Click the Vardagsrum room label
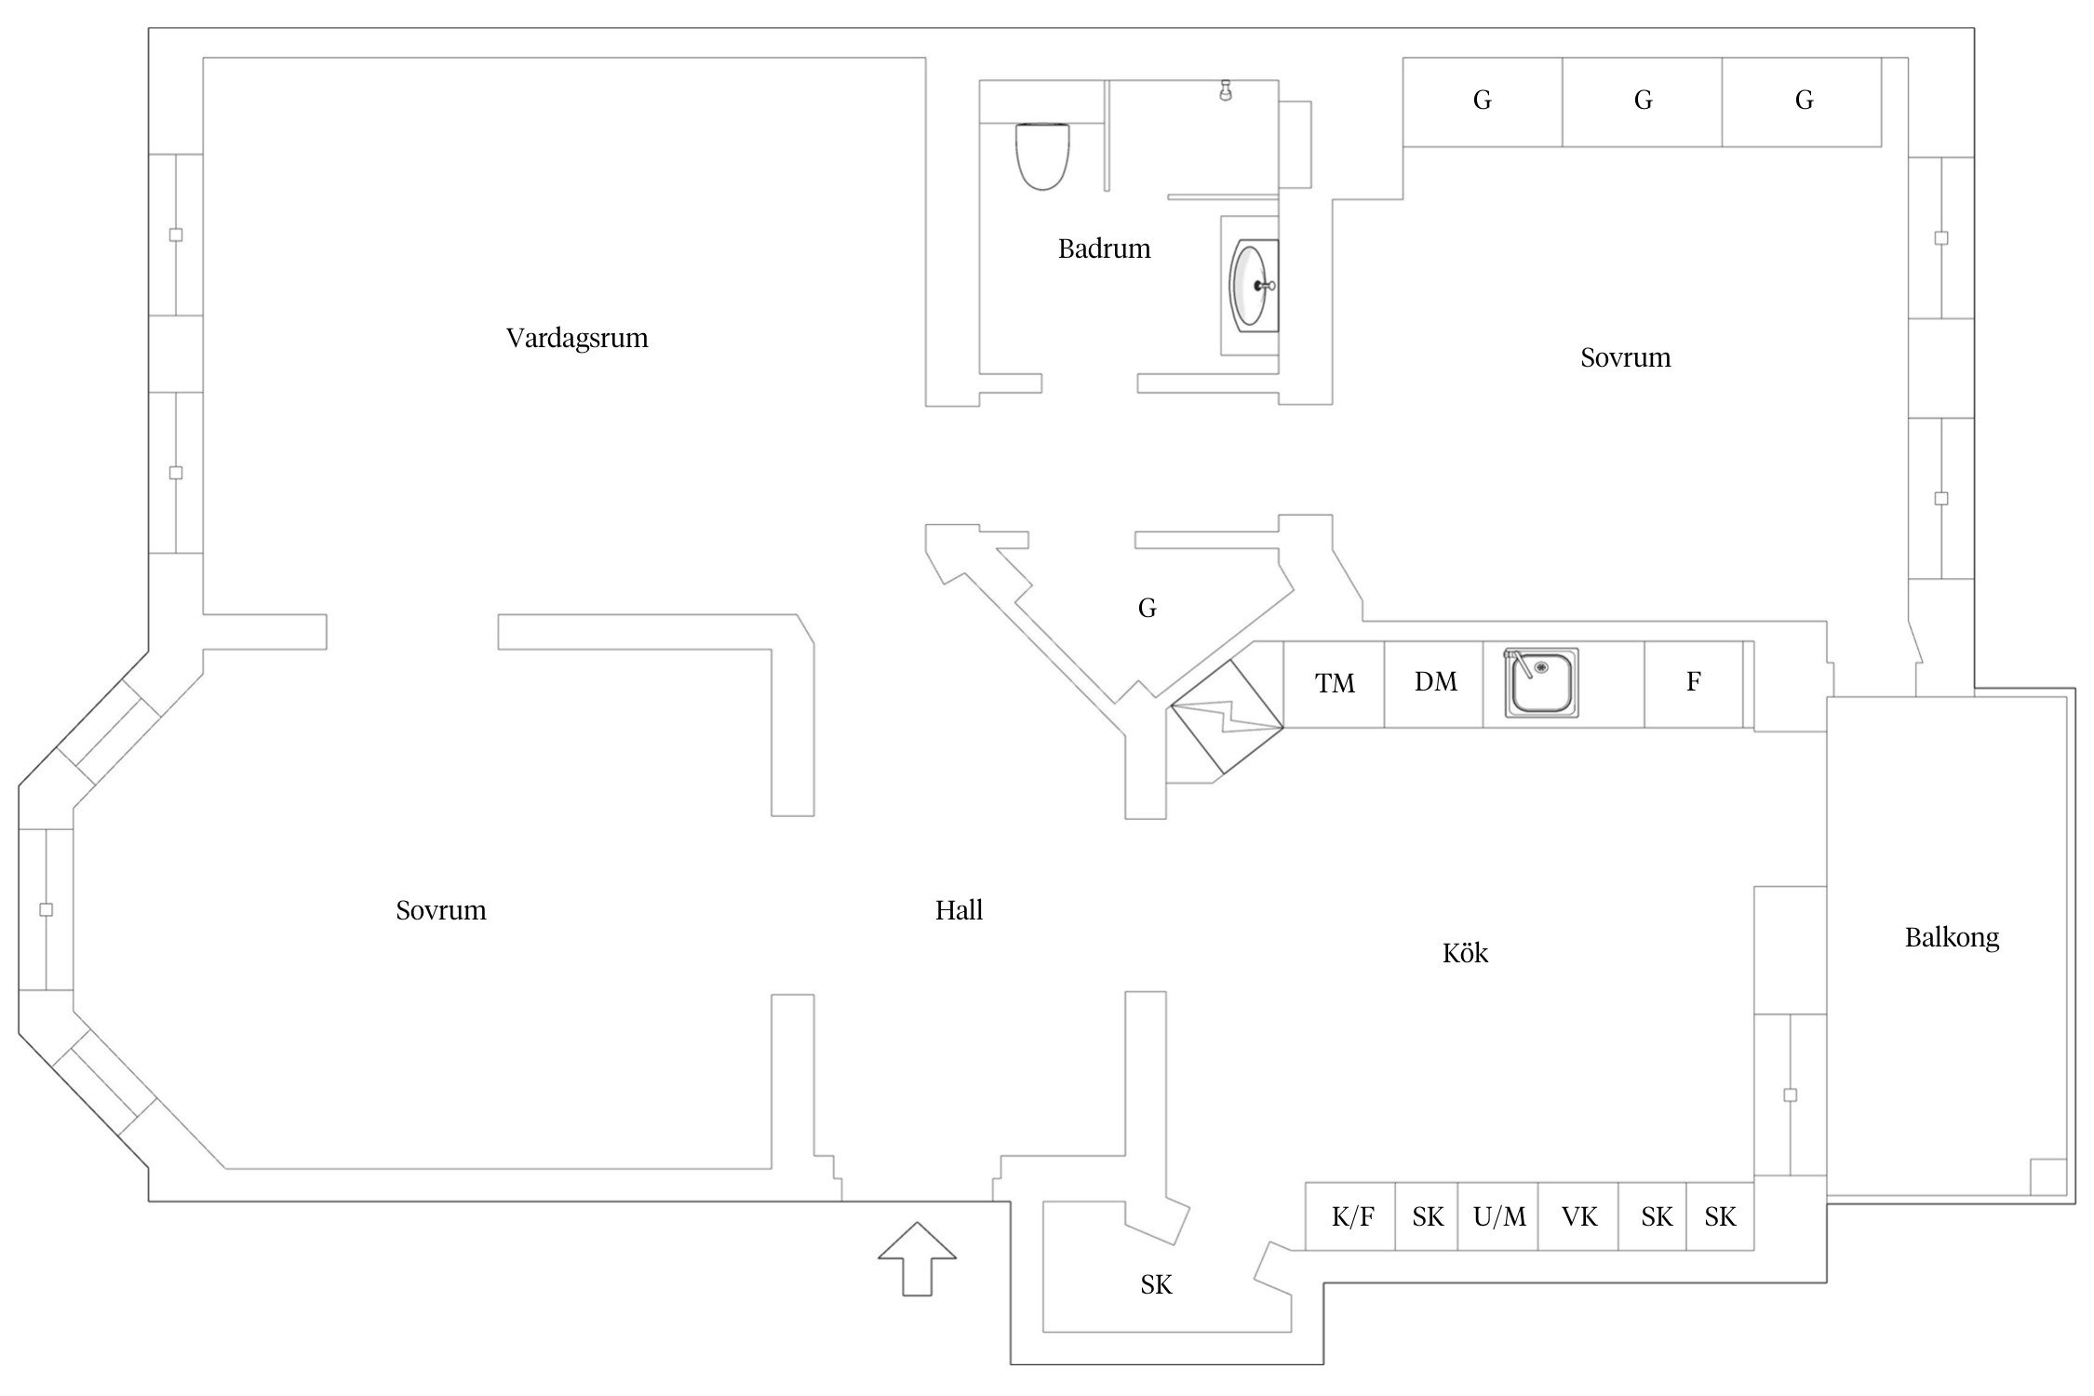(577, 338)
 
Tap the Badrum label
(1104, 248)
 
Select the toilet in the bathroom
(1041, 155)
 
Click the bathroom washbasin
(1253, 285)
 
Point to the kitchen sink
(1541, 684)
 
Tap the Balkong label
(1952, 937)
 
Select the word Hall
(959, 910)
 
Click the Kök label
(1465, 953)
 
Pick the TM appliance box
(1335, 684)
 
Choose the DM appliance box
(1434, 682)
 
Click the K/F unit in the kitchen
(1351, 1216)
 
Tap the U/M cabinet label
(1498, 1216)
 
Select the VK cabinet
(1578, 1216)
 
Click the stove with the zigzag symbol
(1227, 717)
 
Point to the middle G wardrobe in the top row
(1643, 101)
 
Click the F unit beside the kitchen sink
(1693, 682)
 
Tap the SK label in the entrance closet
(1156, 1285)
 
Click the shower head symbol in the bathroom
(1226, 90)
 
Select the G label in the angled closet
(1147, 609)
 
